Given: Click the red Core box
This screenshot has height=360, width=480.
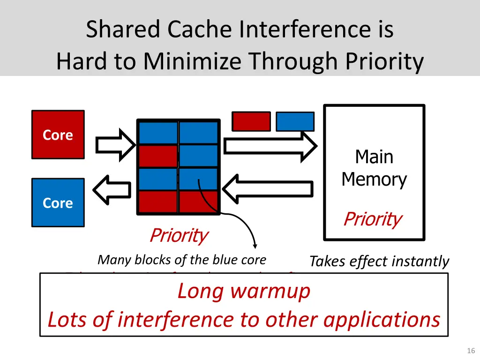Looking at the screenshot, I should point(58,135).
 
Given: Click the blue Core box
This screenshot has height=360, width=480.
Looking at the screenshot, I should point(58,202).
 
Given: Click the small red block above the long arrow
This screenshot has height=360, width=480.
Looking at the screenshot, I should point(251,121).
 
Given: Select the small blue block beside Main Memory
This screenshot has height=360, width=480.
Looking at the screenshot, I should point(295,121).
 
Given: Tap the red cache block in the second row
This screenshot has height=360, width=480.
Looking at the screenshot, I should point(158,156).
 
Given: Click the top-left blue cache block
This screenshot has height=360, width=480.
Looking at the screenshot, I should point(158,133).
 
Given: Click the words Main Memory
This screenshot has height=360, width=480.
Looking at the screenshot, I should point(374,168).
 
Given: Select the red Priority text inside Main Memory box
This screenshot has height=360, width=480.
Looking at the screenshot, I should point(372,219).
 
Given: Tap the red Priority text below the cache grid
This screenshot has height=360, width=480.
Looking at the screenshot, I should point(178,235).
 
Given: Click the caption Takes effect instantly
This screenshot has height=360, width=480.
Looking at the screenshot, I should point(379,261).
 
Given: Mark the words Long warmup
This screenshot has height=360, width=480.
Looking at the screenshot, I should point(244,291).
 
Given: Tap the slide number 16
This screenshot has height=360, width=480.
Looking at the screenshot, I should point(471,351).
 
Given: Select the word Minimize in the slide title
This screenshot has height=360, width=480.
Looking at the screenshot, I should point(194,61).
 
